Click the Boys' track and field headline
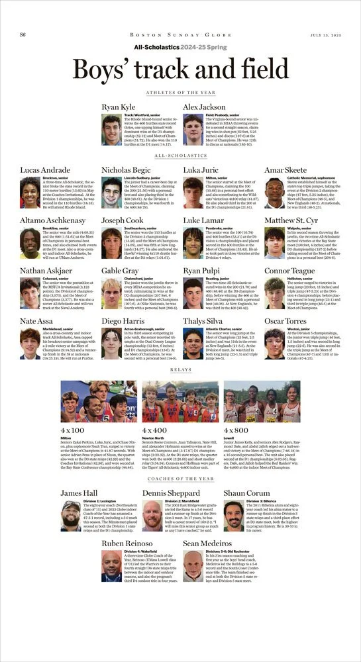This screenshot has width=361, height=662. coord(180,70)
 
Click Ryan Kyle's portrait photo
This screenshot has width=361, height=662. coord(111,130)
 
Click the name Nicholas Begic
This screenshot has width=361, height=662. coord(127,169)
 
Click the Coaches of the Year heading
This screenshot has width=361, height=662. coord(180,478)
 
